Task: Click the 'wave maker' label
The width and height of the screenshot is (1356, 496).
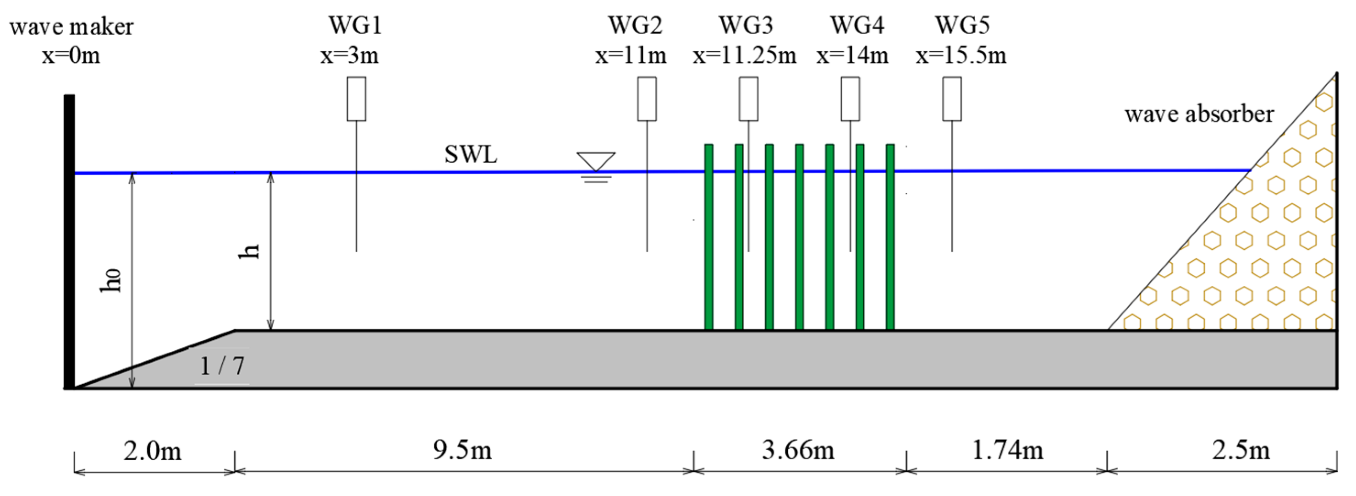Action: tap(71, 26)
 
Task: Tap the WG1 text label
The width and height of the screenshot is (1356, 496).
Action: tap(355, 25)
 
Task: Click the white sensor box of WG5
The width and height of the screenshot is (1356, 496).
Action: tap(952, 99)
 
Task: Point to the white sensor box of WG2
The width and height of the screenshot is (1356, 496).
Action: tap(647, 99)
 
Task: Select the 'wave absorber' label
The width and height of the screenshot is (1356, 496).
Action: tap(1199, 114)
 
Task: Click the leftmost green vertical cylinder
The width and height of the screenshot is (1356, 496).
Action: tap(709, 237)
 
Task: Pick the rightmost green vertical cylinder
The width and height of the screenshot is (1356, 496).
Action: tap(890, 237)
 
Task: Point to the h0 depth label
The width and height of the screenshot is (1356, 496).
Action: tap(111, 280)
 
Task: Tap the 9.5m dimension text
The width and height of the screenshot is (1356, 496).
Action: tap(462, 450)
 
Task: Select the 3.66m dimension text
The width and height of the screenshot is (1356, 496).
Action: tap(798, 450)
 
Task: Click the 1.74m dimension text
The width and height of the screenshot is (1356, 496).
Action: tap(1007, 450)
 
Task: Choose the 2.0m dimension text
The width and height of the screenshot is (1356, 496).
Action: tap(153, 451)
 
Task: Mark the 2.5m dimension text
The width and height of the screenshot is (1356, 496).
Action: tap(1241, 450)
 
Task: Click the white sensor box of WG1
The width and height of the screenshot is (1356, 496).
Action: tap(357, 99)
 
